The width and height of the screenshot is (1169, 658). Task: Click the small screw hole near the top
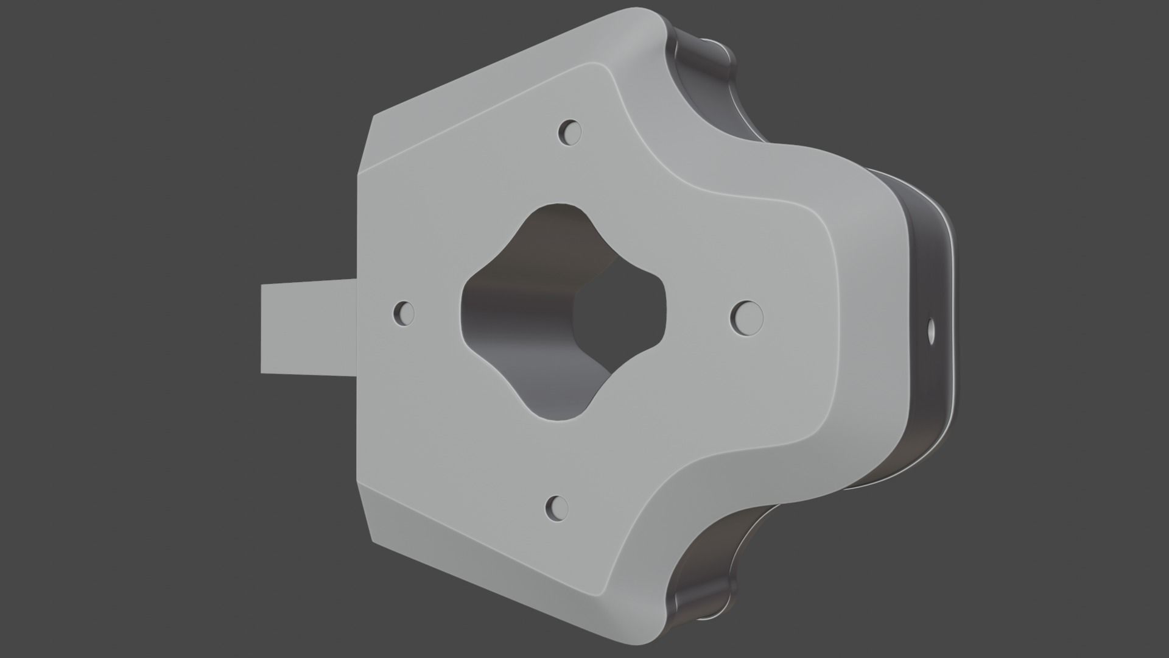pyautogui.click(x=570, y=132)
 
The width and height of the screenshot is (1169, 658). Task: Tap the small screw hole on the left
pyautogui.click(x=404, y=314)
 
